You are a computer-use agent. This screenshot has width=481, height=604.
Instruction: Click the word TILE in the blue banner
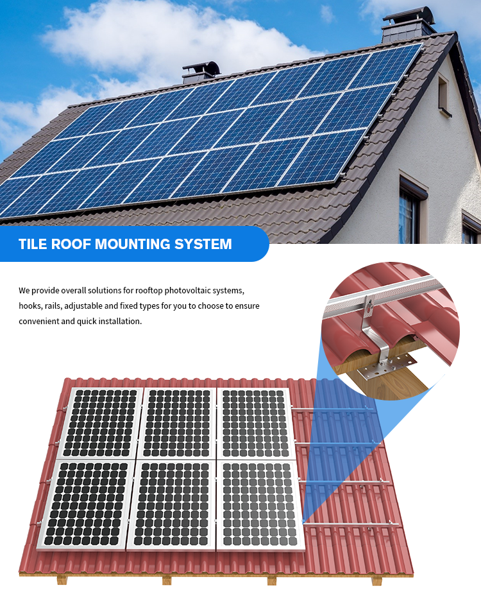point(32,244)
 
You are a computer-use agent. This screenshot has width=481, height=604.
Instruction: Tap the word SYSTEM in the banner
point(203,244)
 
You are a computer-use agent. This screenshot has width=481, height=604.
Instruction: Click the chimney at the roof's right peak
point(409,24)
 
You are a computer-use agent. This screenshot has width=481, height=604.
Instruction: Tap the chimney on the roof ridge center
point(201,72)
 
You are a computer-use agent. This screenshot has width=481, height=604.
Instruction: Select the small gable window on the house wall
point(444,95)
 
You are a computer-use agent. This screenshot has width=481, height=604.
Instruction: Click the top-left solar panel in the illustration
point(101,422)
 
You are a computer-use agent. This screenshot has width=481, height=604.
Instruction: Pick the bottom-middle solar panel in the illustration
point(173,505)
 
